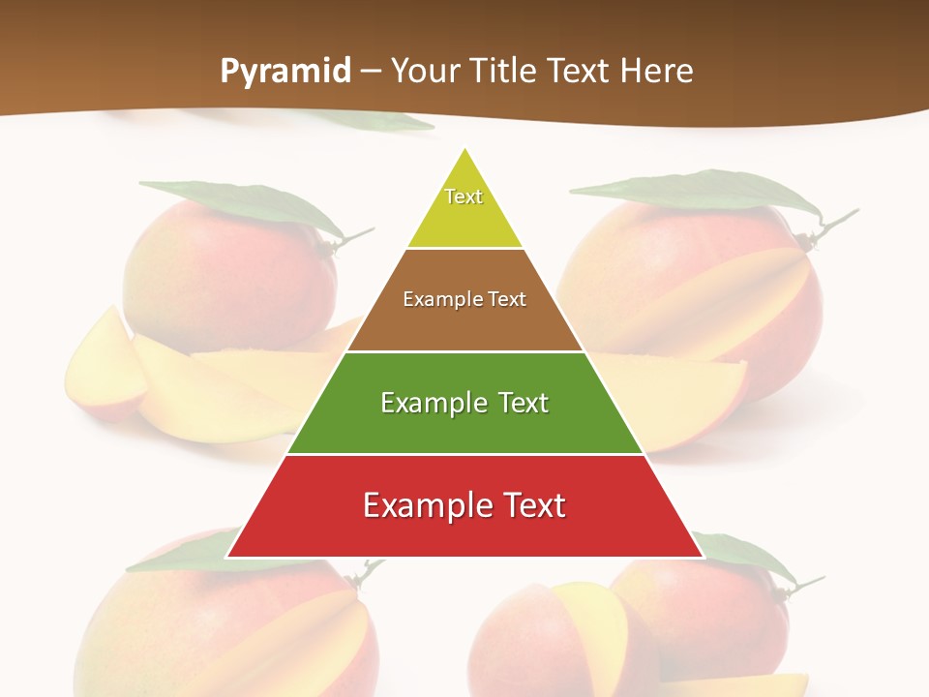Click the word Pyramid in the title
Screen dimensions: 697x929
click(x=285, y=71)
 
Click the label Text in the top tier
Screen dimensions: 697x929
click(x=464, y=197)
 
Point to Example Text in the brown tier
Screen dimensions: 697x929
click(x=464, y=299)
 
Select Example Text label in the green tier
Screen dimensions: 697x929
click(x=464, y=403)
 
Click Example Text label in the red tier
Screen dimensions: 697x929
click(x=464, y=505)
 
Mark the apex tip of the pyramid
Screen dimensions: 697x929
click(x=465, y=150)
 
